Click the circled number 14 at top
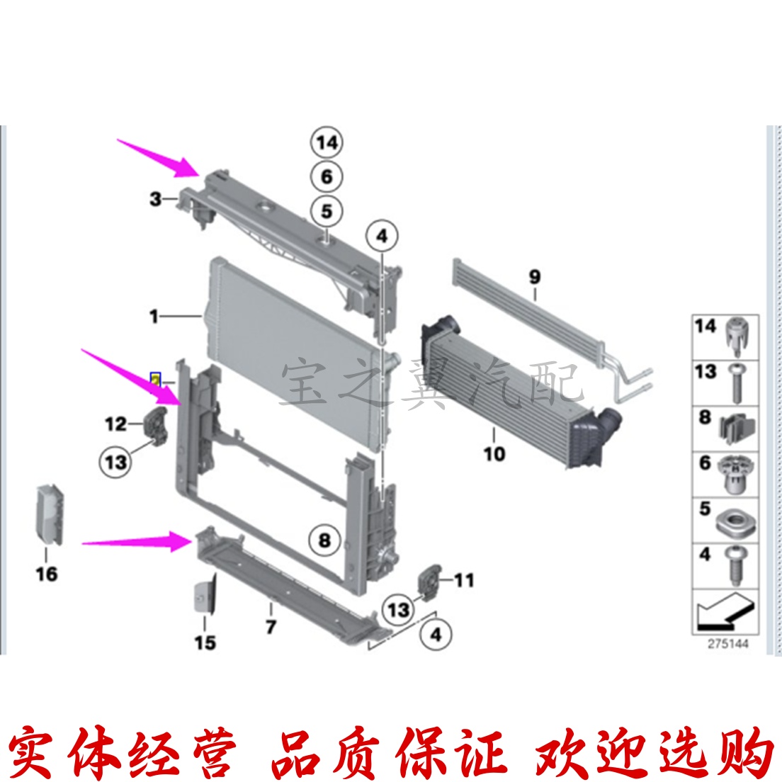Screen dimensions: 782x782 (327, 142)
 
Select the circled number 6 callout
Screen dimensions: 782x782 (327, 176)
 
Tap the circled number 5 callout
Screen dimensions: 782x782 (327, 211)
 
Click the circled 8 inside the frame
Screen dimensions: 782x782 (324, 541)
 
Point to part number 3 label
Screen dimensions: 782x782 (156, 199)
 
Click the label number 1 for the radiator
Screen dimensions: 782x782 (154, 316)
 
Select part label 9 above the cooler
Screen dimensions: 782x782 (534, 276)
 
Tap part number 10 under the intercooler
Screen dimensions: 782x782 (494, 453)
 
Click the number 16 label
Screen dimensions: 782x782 (47, 573)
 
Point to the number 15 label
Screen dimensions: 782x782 (205, 642)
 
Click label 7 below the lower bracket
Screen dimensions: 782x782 (271, 627)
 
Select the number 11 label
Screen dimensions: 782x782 (463, 581)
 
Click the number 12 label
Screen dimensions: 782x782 (115, 424)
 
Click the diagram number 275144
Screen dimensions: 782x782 (727, 644)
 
